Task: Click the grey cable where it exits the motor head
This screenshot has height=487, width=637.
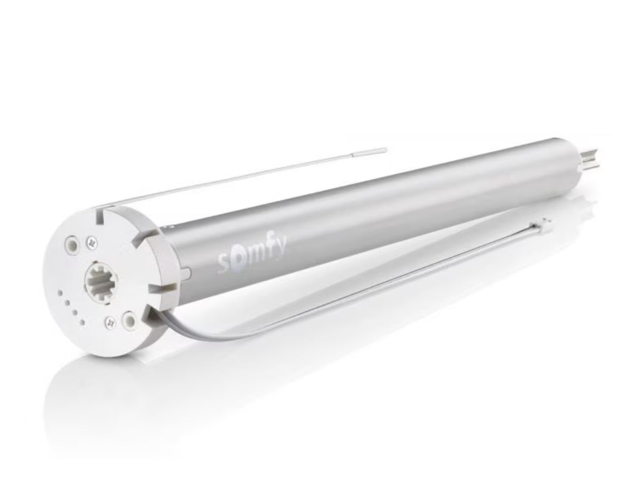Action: pyautogui.click(x=158, y=317)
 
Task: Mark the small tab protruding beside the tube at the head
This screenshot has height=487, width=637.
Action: pyautogui.click(x=185, y=273)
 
